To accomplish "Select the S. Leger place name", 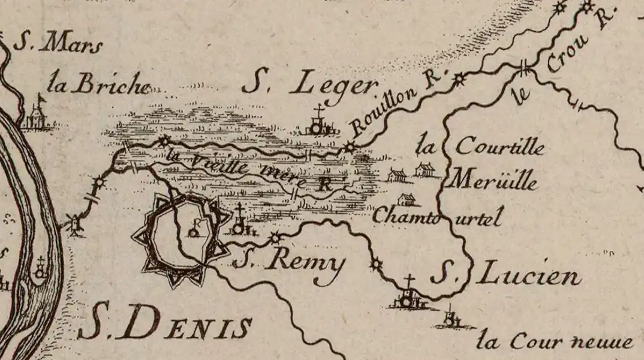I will click(310, 86).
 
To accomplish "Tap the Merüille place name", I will click(495, 181).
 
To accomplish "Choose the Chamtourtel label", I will click(436, 217).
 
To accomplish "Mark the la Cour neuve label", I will click(555, 342).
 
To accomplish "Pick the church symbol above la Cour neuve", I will click(450, 318).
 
